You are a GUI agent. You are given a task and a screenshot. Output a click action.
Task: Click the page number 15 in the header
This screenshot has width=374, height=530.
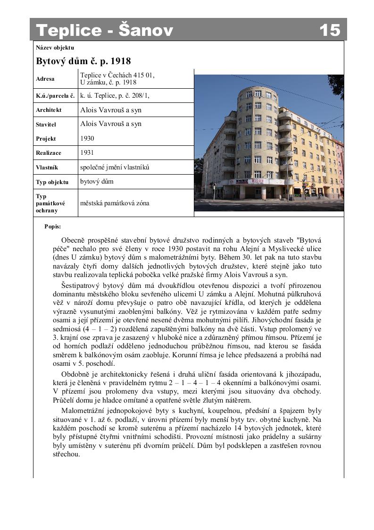(330, 30)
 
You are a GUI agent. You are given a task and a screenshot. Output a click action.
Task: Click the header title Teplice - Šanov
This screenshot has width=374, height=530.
(105, 30)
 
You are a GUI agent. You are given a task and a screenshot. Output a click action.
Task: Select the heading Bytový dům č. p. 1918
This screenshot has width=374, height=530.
(83, 61)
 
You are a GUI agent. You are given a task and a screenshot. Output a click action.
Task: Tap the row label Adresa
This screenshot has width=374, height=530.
(45, 79)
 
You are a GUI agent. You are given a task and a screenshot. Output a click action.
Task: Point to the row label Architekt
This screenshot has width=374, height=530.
(49, 110)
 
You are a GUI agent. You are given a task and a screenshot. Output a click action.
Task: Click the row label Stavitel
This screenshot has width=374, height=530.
(46, 125)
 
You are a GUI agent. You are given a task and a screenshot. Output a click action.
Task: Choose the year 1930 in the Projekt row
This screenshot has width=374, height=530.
(87, 138)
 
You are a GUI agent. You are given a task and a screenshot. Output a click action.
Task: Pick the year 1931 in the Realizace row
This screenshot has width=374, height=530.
(87, 153)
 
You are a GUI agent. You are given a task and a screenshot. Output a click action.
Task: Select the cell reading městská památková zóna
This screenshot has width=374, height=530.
(115, 203)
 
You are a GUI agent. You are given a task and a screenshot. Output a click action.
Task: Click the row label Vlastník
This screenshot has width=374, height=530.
(47, 168)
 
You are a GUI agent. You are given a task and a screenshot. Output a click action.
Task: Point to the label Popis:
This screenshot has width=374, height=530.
(52, 227)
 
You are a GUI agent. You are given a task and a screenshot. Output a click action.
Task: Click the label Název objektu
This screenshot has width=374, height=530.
(55, 47)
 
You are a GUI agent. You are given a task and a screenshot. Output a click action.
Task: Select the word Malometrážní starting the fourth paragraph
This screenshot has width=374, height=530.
(83, 410)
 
